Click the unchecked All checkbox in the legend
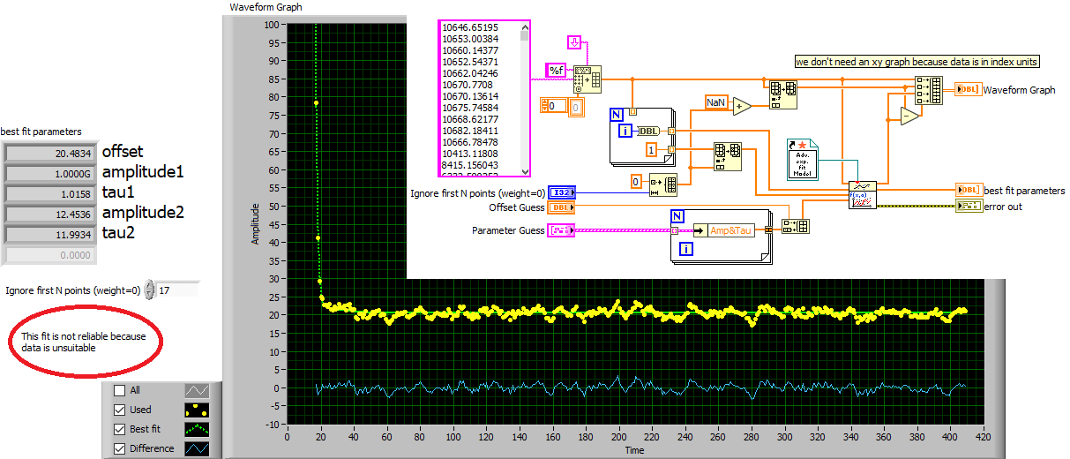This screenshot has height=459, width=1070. point(119,390)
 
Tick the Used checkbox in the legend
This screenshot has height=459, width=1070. point(119,410)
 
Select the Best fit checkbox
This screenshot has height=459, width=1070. point(119,429)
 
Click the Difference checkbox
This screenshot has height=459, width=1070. point(119,448)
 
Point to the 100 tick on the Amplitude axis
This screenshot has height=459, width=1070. point(270,25)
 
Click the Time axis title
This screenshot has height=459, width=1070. point(635,450)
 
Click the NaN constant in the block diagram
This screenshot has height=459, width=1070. point(715,102)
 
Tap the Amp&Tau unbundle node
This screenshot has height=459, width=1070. point(729,230)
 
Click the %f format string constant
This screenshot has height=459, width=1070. point(557,69)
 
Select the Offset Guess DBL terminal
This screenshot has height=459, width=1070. point(561,207)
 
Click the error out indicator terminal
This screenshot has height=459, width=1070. point(967,207)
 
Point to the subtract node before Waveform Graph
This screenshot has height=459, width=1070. point(909,116)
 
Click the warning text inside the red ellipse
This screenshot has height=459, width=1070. point(84,342)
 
